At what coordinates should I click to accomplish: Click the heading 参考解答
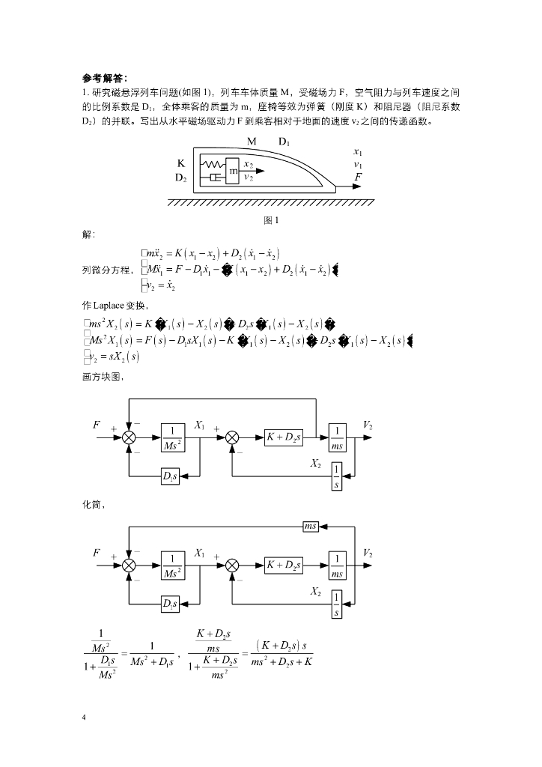(105, 77)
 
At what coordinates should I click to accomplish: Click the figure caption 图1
(271, 220)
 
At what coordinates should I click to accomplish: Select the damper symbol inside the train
(215, 178)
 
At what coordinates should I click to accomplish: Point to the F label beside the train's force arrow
(359, 177)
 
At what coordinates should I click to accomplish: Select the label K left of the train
(180, 163)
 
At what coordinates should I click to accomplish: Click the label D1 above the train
(285, 142)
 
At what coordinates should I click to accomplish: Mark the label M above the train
(252, 142)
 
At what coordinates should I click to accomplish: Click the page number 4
(84, 719)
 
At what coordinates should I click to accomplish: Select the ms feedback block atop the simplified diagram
(311, 527)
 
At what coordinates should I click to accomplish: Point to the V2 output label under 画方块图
(368, 425)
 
